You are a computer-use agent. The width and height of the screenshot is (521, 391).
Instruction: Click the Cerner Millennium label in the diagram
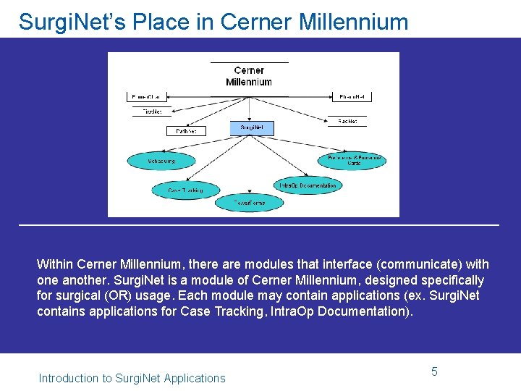[x=249, y=76]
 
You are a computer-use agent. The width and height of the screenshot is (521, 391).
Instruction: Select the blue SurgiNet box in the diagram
[x=252, y=128]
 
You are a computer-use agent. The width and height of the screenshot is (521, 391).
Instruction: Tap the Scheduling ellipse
[x=161, y=161]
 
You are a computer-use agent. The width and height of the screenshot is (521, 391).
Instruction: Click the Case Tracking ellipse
[x=185, y=190]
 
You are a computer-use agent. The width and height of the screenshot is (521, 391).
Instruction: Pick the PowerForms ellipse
[x=249, y=203]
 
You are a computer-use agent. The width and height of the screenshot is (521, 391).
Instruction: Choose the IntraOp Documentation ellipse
[x=308, y=185]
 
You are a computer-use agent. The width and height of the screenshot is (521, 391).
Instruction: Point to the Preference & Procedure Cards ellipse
[x=353, y=160]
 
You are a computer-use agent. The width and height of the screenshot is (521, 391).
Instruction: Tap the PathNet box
[x=186, y=131]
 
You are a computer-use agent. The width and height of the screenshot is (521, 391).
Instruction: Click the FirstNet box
[x=152, y=112]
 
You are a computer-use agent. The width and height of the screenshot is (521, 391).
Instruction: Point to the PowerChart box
[x=148, y=96]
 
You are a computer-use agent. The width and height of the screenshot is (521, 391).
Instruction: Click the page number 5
[x=434, y=371]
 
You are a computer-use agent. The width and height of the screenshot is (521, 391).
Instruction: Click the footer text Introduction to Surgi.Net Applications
[x=132, y=378]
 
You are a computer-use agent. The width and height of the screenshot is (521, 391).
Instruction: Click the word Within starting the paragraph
[x=54, y=264]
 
